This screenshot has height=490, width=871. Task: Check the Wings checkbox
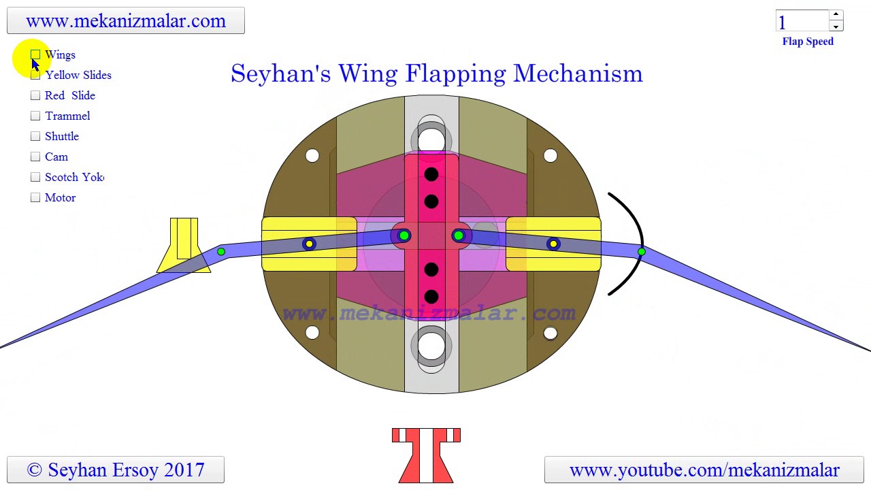35,54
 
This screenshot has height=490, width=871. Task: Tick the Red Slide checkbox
35,95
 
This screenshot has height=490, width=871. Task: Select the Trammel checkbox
35,116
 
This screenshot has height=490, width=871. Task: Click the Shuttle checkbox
35,136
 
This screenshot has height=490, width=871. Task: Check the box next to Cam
35,157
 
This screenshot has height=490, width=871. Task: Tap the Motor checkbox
35,197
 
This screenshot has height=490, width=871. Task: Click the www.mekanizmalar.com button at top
126,20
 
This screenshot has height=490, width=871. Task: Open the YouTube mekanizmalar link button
704,470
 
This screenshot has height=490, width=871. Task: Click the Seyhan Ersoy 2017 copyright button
116,470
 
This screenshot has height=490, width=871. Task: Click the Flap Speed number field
802,22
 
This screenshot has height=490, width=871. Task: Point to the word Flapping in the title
456,73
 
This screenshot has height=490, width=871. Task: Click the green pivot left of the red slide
404,235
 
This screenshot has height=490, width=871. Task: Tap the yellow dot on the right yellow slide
553,244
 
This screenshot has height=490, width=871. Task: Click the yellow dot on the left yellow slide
309,244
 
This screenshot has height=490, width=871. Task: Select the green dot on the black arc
641,252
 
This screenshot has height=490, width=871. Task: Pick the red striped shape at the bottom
426,455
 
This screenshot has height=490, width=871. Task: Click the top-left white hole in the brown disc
312,156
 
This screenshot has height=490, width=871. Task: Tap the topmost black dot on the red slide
431,175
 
